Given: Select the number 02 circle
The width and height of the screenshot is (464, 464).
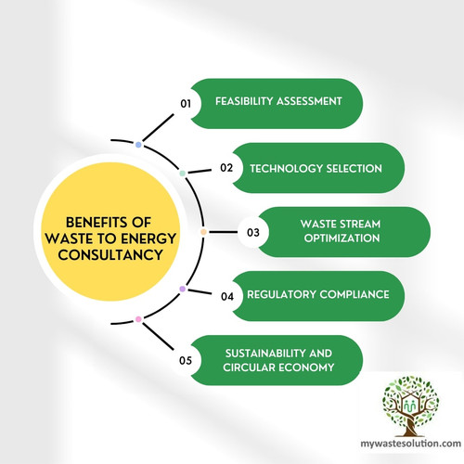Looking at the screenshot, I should coord(226,168).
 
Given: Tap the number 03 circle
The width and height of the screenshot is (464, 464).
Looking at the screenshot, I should coord(251,231).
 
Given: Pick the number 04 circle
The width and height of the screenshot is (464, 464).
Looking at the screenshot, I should coord(226,296).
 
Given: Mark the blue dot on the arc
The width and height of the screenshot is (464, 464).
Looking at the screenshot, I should coord(138,145).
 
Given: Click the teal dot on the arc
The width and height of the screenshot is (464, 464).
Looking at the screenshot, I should coord(182,173).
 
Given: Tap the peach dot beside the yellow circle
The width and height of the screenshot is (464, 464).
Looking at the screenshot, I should coord(203,231).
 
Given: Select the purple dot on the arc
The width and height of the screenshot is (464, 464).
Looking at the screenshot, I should coord(182,290).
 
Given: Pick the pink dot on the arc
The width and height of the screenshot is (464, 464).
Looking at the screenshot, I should coord(138,319).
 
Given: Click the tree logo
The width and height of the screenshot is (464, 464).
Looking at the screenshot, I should coord(413,406).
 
